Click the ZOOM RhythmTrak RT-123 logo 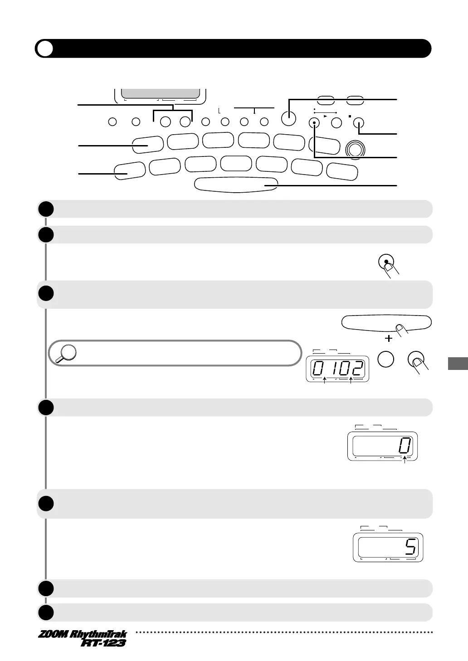tap(82, 638)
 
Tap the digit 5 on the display tap(410, 549)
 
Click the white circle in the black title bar tap(45, 49)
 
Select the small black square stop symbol tap(350, 116)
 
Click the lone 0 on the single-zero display tap(405, 447)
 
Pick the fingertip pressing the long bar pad tap(400, 328)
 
